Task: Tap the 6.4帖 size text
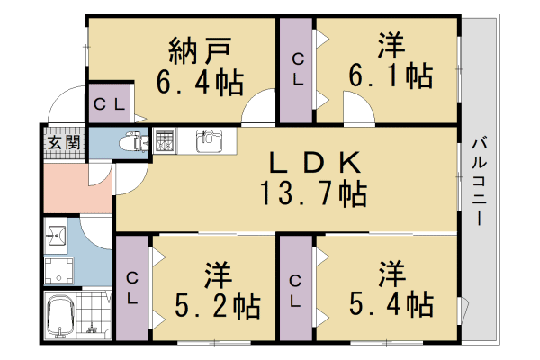pyautogui.click(x=200, y=83)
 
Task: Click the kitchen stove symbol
pyautogui.click(x=165, y=140)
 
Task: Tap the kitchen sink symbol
pyautogui.click(x=208, y=141)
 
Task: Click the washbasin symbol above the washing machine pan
pyautogui.click(x=55, y=238)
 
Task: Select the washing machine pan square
pyautogui.click(x=58, y=269)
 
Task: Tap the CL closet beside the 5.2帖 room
pyautogui.click(x=132, y=288)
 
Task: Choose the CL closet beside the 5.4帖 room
pyautogui.click(x=296, y=288)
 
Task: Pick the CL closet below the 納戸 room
pyautogui.click(x=111, y=103)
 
